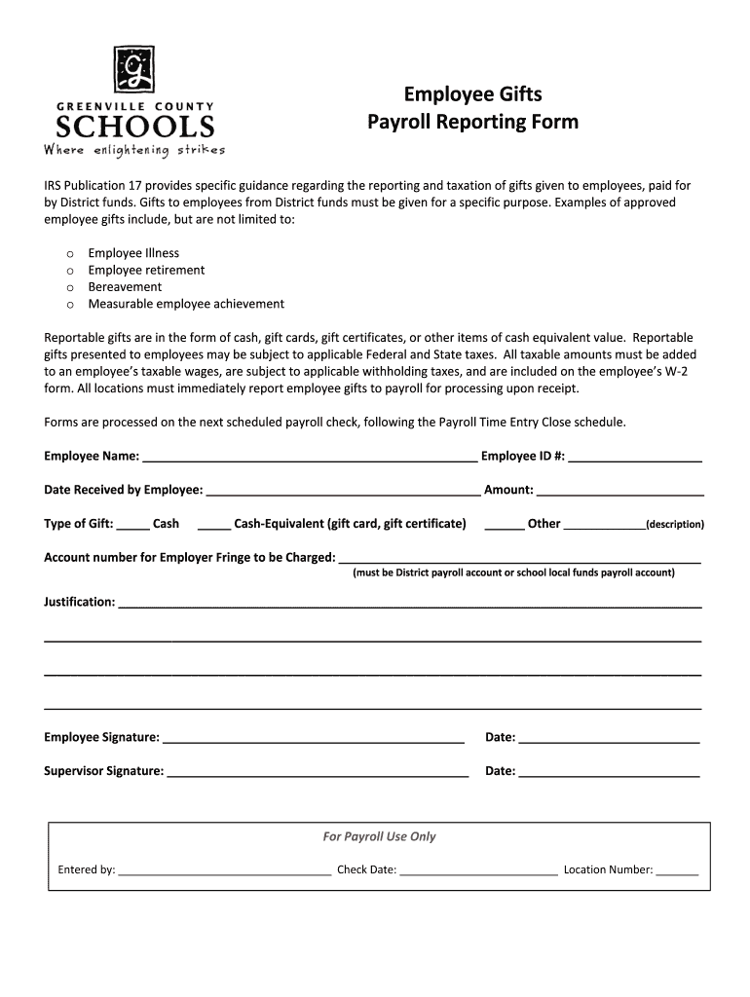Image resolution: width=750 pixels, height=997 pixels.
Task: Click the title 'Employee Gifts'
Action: tap(472, 94)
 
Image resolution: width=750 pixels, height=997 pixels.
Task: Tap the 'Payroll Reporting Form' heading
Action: tap(472, 123)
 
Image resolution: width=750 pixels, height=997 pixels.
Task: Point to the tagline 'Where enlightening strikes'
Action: tap(133, 150)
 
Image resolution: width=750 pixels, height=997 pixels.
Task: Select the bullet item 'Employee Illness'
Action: tap(133, 253)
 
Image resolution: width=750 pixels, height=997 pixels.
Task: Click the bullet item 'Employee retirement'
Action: tap(146, 270)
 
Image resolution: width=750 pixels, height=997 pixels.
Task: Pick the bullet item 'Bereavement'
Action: tap(125, 287)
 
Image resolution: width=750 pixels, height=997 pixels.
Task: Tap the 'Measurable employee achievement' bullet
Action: tap(186, 304)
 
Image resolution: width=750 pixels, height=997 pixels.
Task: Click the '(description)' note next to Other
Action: tap(674, 525)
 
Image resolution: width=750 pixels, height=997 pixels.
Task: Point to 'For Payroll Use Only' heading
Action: tap(379, 836)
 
